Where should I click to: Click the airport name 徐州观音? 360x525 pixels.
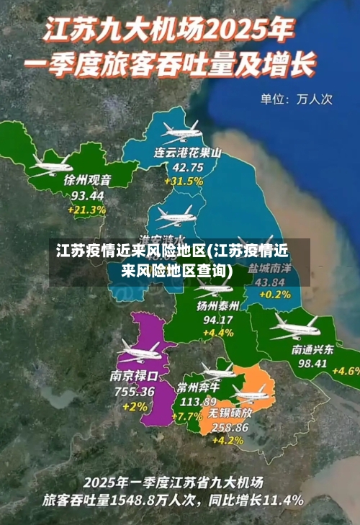point(88,180)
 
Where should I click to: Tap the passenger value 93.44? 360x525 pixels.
point(87,195)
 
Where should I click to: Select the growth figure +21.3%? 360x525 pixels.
point(87,210)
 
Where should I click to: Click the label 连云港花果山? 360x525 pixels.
point(188,152)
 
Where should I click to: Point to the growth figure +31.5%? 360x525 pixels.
point(183,181)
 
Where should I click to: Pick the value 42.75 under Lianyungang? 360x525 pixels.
point(188,166)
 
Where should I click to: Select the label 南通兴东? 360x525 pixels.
point(312,349)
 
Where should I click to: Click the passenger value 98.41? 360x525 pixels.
point(312,364)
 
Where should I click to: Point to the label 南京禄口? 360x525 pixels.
point(134,376)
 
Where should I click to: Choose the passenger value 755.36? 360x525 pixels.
point(133,391)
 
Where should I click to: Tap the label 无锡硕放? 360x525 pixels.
point(230,413)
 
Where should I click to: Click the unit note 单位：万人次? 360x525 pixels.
point(296,99)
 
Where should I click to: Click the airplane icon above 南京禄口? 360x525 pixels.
point(139,353)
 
